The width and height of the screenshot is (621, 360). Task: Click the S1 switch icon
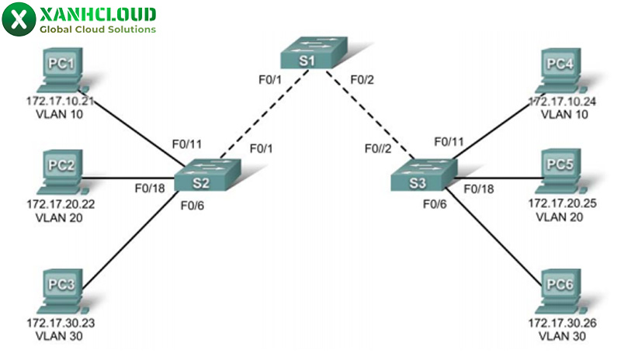point(314,56)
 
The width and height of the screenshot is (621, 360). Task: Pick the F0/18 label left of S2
point(148,187)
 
